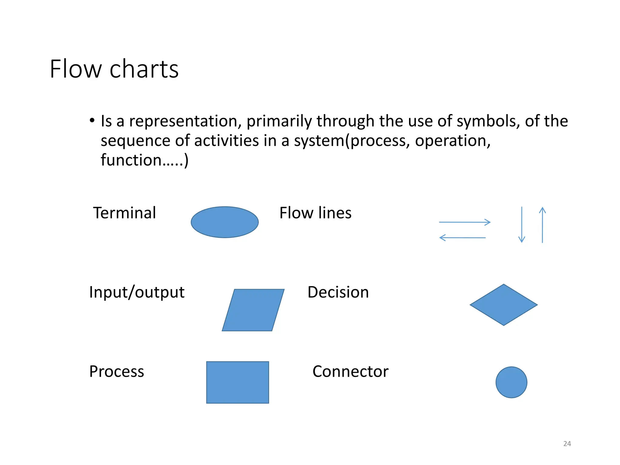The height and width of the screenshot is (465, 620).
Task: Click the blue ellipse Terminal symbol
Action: pyautogui.click(x=224, y=222)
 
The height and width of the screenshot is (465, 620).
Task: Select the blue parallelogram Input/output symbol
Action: pyautogui.click(x=253, y=310)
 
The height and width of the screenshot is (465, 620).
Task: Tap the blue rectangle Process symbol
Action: pyautogui.click(x=237, y=382)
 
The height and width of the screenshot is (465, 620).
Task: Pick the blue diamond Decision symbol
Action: pyautogui.click(x=503, y=305)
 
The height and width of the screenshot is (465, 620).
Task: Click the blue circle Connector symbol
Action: pyautogui.click(x=511, y=382)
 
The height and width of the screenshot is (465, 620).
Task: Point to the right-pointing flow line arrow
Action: pyautogui.click(x=465, y=222)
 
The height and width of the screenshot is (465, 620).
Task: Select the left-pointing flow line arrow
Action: pyautogui.click(x=462, y=238)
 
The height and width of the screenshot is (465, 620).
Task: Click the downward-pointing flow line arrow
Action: pyautogui.click(x=522, y=225)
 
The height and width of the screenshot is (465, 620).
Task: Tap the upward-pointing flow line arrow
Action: pyautogui.click(x=542, y=225)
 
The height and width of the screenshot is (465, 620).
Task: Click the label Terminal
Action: pyautogui.click(x=124, y=213)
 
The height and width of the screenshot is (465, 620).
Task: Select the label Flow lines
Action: pyautogui.click(x=315, y=213)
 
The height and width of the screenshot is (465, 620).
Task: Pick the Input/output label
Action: pyautogui.click(x=137, y=292)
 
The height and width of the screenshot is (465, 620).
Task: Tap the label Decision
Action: pyautogui.click(x=338, y=292)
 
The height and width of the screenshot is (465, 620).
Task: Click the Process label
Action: pyautogui.click(x=117, y=372)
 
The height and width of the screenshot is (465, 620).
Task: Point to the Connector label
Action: pyautogui.click(x=350, y=371)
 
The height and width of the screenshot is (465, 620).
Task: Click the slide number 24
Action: pyautogui.click(x=567, y=444)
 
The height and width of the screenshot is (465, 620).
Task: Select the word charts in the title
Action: pyautogui.click(x=144, y=69)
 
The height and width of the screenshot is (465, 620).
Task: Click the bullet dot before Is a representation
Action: pyautogui.click(x=92, y=120)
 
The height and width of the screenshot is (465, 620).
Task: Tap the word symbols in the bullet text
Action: pyautogui.click(x=488, y=121)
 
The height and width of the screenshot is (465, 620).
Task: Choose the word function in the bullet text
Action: pyautogui.click(x=131, y=160)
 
